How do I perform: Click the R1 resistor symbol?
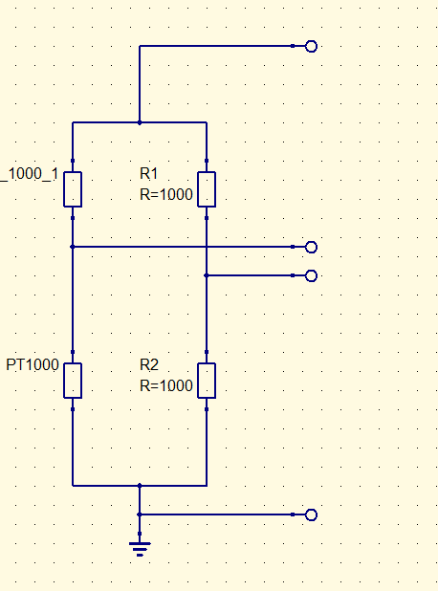(207, 189)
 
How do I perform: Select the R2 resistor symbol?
(207, 381)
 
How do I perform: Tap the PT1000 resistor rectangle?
(73, 381)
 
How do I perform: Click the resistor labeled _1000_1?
(73, 189)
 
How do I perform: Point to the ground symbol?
(140, 549)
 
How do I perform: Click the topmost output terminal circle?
(311, 46)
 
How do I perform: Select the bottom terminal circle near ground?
(311, 514)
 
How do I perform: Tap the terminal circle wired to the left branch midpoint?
(311, 248)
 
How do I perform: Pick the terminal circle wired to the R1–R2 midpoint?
(311, 276)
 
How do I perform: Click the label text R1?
(149, 174)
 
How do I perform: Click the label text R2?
(149, 365)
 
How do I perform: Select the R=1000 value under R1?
(166, 194)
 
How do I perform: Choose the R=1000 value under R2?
(166, 385)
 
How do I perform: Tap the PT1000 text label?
(33, 365)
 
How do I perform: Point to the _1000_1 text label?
(30, 174)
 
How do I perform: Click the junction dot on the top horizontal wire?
(140, 122)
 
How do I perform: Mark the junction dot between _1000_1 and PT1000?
(73, 247)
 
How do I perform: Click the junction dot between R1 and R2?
(207, 275)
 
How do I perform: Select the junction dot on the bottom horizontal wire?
(140, 486)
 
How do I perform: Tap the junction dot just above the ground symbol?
(140, 514)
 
